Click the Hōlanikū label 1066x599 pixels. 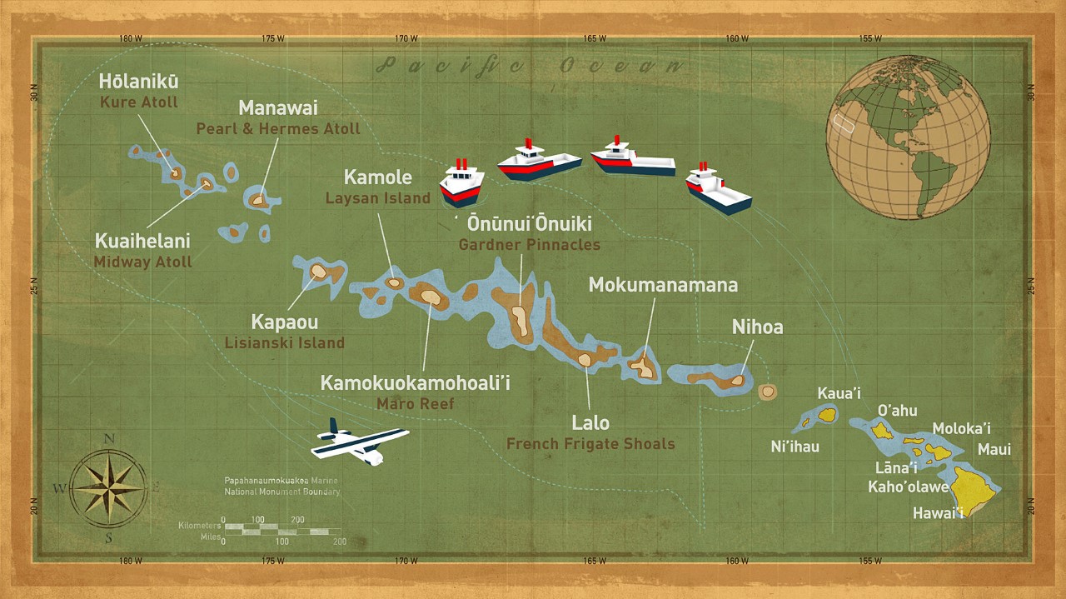138,82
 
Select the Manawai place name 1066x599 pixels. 278,108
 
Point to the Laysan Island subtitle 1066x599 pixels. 378,198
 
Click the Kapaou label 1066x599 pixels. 284,322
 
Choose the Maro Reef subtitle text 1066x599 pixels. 415,404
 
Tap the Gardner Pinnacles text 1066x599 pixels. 529,245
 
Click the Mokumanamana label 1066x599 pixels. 663,285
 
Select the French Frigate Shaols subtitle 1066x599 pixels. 590,443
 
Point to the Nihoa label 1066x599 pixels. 757,327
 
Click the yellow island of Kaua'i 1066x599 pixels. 827,414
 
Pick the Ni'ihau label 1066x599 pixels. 795,447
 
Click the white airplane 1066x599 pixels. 358,442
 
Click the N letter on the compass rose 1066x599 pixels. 109,439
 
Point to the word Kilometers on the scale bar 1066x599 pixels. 199,526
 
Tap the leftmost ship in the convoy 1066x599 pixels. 461,183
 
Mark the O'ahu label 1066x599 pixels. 897,410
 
